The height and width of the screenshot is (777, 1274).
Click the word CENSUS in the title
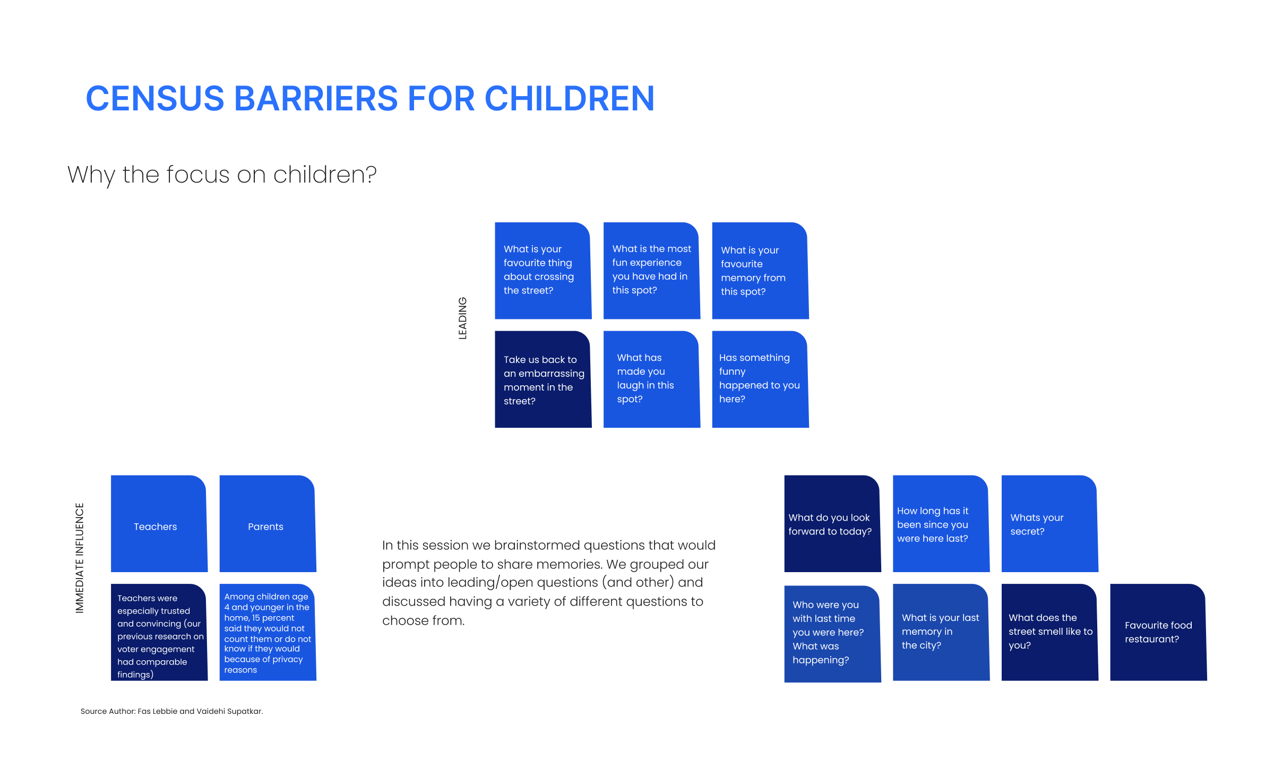(x=155, y=99)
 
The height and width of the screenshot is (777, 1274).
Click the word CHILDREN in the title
(x=570, y=99)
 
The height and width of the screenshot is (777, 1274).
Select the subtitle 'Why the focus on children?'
(x=222, y=175)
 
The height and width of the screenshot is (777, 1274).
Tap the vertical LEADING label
(x=462, y=318)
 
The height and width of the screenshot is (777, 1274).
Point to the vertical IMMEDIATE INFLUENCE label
(x=80, y=558)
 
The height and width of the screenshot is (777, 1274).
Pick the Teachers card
(x=159, y=523)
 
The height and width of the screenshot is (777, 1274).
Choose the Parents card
(x=268, y=523)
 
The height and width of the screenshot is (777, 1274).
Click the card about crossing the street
(x=543, y=271)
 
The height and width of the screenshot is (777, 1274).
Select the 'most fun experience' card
(x=652, y=271)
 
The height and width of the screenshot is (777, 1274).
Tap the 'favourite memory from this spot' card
(x=760, y=271)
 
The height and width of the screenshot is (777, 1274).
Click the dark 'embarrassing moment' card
(x=543, y=379)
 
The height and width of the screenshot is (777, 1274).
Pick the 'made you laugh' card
(x=652, y=379)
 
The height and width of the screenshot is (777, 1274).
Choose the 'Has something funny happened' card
(x=760, y=379)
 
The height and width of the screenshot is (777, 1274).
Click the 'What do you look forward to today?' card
(x=833, y=523)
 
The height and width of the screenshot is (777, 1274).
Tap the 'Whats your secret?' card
(x=1050, y=523)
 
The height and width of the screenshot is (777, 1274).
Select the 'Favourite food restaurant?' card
(x=1159, y=632)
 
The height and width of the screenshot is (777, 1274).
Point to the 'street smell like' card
(x=1050, y=632)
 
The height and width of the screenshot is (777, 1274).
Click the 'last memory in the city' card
(x=941, y=632)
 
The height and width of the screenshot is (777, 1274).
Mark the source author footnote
(x=171, y=711)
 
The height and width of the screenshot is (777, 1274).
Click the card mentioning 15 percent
(x=268, y=632)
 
